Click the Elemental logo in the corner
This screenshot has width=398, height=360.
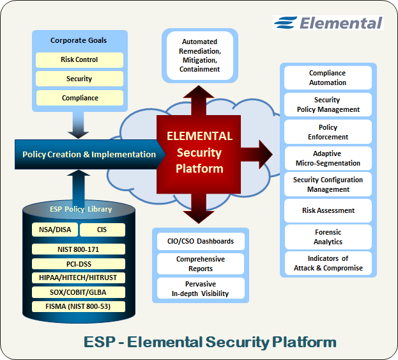coord(328,23)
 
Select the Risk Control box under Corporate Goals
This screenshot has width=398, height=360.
coord(79,60)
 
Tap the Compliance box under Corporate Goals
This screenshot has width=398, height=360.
coord(79,98)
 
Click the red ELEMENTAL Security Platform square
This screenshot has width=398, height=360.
coord(199,153)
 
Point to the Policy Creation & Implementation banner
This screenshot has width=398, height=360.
coord(89,154)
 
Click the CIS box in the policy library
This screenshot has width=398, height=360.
coord(102,230)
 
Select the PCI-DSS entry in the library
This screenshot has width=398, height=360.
coord(79,263)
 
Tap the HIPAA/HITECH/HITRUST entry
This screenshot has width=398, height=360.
coord(79,278)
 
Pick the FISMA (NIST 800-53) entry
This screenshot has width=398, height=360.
coord(79,306)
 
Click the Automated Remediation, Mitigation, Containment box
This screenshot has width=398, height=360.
coord(199,56)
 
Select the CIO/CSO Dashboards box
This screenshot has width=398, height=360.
coord(200,242)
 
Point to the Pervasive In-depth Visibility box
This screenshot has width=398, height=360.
coord(200,288)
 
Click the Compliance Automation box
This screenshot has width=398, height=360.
coord(327,78)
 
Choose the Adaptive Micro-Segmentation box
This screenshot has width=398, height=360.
coord(327,158)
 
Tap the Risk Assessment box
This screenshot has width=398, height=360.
coord(327,210)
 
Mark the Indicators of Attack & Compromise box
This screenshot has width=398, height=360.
coord(327,263)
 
